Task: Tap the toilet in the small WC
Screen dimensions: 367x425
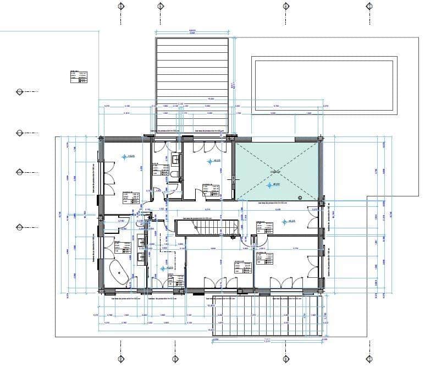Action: pos(174,175)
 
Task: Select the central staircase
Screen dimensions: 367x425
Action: pos(206,227)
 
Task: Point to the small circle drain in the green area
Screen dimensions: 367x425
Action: pos(300,196)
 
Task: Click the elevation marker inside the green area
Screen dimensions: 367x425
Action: pos(269,185)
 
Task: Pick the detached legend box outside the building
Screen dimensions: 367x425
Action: pos(79,76)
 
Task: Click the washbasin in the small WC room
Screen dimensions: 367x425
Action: pos(176,159)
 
